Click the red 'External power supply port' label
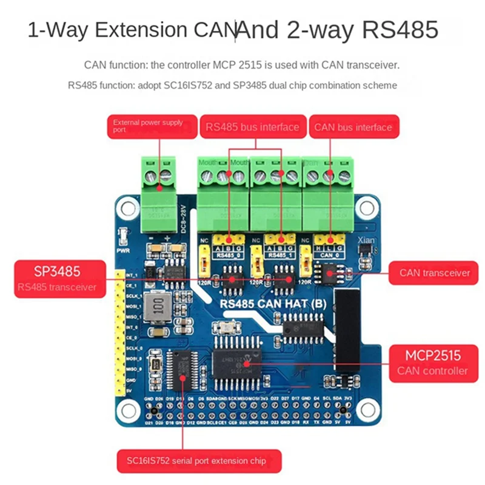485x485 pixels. point(153,127)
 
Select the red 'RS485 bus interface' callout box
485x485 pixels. point(252,127)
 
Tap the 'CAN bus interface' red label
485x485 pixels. point(353,127)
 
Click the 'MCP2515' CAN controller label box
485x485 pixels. point(432,363)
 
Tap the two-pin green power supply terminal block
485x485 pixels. point(158,197)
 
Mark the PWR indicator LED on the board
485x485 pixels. point(123,235)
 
